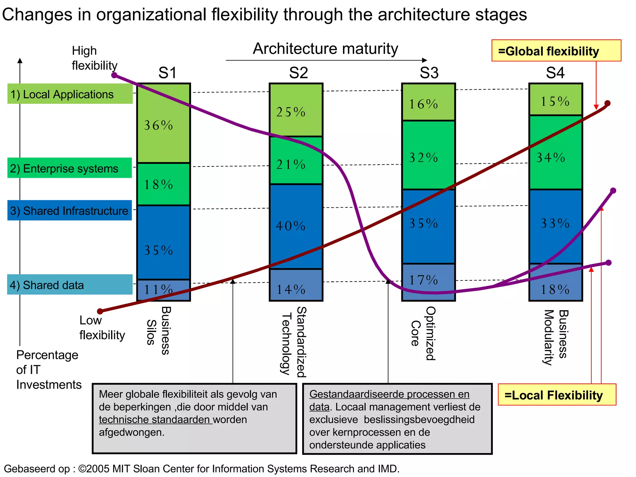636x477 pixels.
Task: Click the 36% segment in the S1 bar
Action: [x=163, y=124]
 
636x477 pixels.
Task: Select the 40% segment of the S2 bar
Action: [x=296, y=226]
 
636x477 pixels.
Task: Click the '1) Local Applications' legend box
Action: [x=70, y=94]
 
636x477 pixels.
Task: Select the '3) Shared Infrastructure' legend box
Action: [x=70, y=211]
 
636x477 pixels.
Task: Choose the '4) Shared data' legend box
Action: [x=70, y=284]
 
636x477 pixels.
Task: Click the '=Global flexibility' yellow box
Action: [x=556, y=51]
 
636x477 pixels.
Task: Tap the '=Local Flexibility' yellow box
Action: [x=557, y=395]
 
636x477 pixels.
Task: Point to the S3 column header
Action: [x=429, y=73]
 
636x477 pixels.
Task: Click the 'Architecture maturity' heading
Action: [x=325, y=49]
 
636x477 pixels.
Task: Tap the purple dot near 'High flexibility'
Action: [x=114, y=75]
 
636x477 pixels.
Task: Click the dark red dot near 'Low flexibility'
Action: [x=100, y=311]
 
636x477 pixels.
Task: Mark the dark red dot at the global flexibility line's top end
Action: [x=607, y=103]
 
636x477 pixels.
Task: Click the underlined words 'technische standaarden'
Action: [x=155, y=420]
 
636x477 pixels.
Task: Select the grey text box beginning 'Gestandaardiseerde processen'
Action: [x=397, y=419]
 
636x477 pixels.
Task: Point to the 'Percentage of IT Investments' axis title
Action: [x=48, y=370]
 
